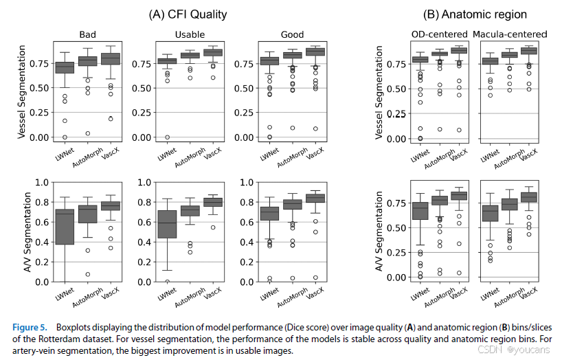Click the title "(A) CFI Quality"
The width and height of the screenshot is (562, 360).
click(188, 13)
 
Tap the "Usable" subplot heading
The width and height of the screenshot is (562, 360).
click(190, 35)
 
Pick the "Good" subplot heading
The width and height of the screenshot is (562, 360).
click(292, 35)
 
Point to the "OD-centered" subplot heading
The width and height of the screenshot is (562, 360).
click(439, 34)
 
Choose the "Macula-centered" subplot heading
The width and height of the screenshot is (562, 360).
click(509, 34)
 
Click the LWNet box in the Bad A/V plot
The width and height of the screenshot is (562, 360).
click(65, 227)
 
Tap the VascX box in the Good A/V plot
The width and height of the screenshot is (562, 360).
click(315, 198)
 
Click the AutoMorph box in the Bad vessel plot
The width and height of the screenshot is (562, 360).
click(87, 61)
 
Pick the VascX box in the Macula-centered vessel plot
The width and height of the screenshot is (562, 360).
click(529, 51)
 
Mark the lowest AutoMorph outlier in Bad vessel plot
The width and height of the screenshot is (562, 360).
click(88, 133)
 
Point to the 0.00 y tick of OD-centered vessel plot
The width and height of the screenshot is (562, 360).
click(390, 139)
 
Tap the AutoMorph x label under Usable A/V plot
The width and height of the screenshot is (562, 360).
click(186, 296)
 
